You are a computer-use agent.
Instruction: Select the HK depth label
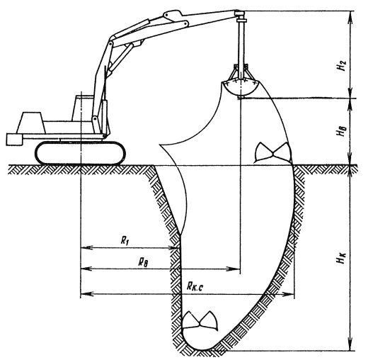pyautogui.click(x=341, y=258)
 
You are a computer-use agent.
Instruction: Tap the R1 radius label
pyautogui.click(x=125, y=241)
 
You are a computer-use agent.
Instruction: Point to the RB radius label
pyautogui.click(x=143, y=262)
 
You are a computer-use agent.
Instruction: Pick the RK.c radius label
pyautogui.click(x=195, y=286)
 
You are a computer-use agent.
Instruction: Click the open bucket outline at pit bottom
pyautogui.click(x=200, y=322)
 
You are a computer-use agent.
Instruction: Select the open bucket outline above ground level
pyautogui.click(x=273, y=152)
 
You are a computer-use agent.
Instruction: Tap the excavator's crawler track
pyautogui.click(x=80, y=153)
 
